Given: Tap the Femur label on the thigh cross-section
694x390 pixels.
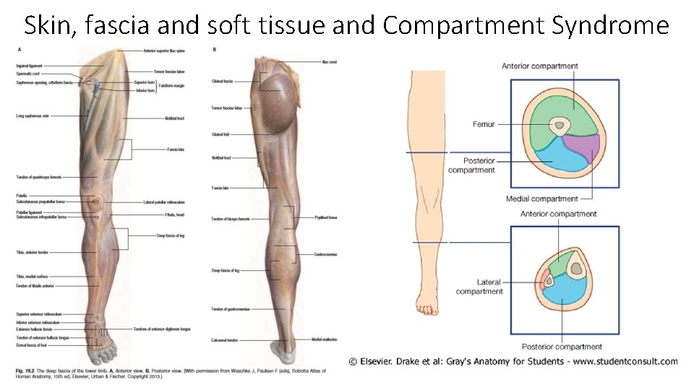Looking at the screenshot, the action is pos(484,124).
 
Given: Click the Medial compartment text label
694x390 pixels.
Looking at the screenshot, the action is pos(542,199).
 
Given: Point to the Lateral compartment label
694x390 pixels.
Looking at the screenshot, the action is pos(479,287).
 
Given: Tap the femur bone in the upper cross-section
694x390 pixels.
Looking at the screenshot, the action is pos(558,127).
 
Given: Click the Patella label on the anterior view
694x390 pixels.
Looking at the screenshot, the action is pos(21,195).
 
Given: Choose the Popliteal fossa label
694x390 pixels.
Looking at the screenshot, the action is pos(325,217).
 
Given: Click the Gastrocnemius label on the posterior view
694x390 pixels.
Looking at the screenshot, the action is pos(325,254).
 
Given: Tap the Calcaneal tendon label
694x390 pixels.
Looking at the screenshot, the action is pos(224,339).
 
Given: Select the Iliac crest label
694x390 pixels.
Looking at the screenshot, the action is pos(330,62).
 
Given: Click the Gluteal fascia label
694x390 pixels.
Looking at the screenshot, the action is pos(221,82).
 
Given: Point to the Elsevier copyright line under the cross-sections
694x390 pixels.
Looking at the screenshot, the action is pos(513,361).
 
